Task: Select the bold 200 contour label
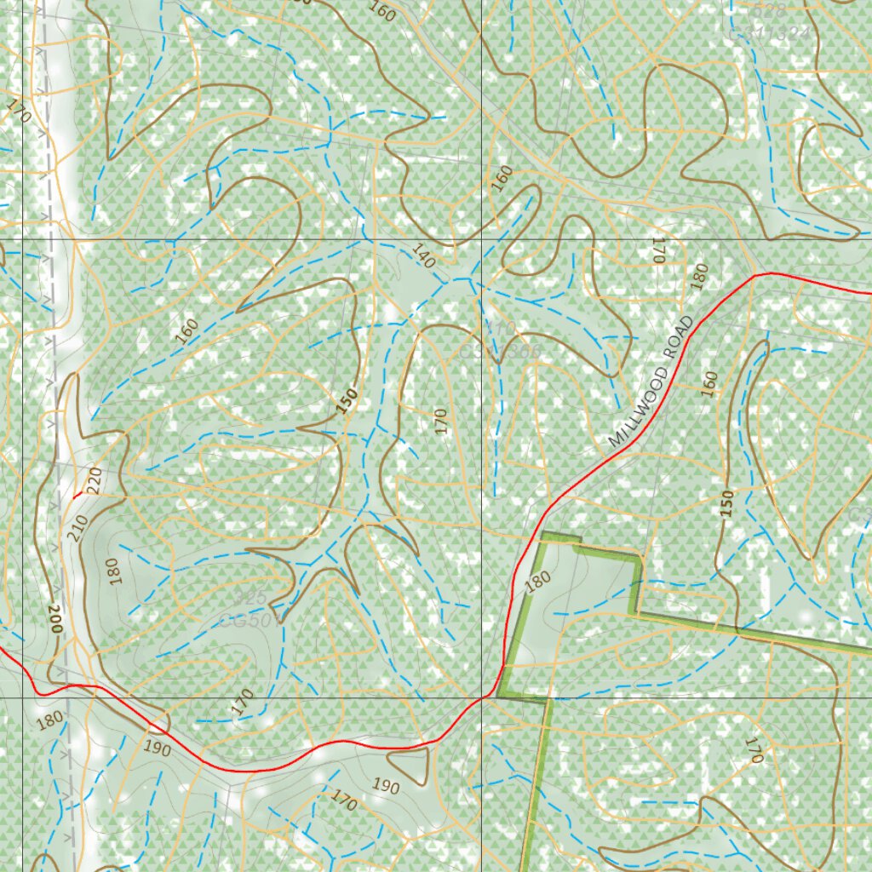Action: (x=55, y=616)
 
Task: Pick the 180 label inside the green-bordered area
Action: (x=537, y=582)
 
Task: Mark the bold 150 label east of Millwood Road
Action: (x=726, y=503)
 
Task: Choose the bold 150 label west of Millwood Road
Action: (x=346, y=401)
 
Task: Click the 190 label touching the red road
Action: (x=158, y=749)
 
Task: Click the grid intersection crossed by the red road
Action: (x=482, y=697)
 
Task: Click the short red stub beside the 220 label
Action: (x=77, y=494)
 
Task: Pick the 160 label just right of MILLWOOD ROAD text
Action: (x=709, y=383)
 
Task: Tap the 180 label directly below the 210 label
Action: (x=115, y=571)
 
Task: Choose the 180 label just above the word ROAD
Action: (x=699, y=277)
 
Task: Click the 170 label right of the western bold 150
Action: (x=440, y=421)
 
